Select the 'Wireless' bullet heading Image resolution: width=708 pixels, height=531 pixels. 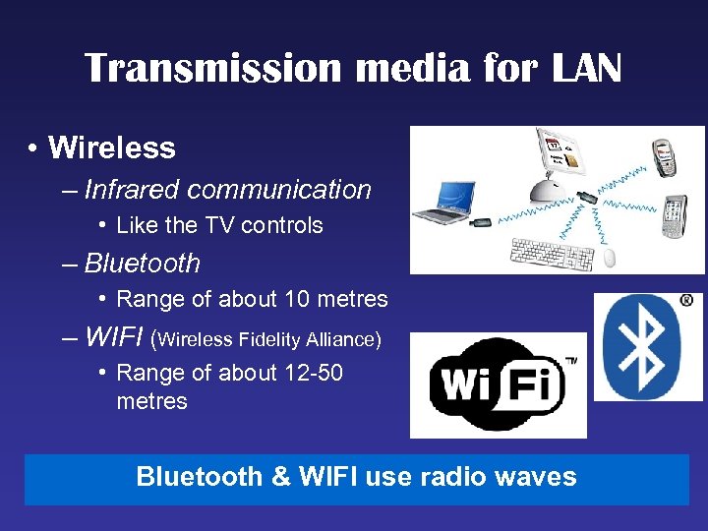coord(111,148)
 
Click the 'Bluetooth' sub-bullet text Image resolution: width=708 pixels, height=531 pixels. coord(142,264)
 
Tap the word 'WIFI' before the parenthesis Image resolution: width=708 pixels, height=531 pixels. coord(113,338)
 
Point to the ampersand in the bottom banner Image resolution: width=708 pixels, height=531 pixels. coord(280,477)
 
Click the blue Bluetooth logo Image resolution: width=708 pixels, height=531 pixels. coord(647,346)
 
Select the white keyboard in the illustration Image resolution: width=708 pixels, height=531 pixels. coord(552,254)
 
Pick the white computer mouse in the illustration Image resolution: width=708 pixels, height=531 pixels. coord(609,259)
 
